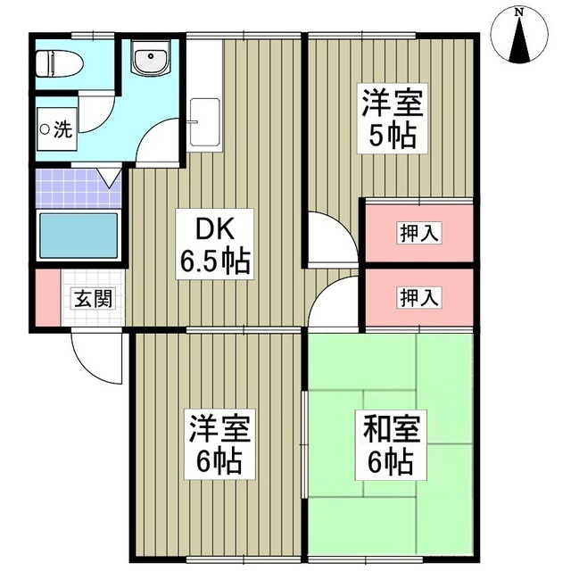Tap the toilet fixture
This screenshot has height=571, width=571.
(x=60, y=62)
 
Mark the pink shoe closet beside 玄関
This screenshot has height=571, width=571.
(x=45, y=298)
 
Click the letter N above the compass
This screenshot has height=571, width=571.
(x=520, y=12)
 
